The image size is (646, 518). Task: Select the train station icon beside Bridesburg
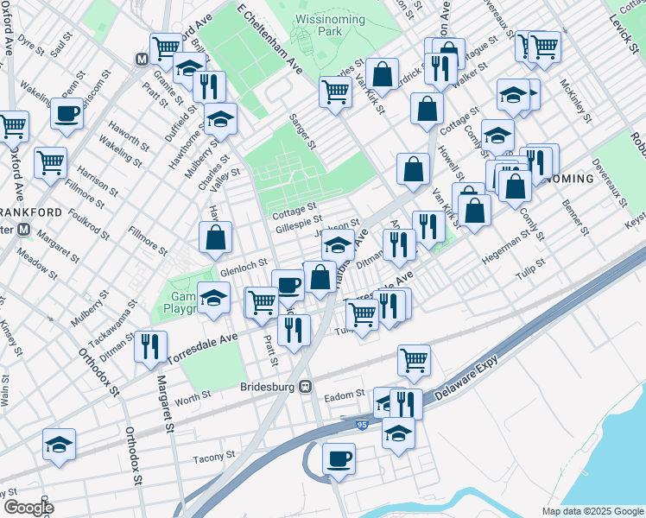tap(306, 388)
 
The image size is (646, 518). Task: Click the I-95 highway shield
tap(362, 426)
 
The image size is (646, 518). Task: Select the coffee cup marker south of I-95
tap(339, 458)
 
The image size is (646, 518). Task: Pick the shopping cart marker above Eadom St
tap(415, 359)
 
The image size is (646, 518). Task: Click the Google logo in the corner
tap(28, 508)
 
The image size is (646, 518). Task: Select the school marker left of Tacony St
tap(60, 444)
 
